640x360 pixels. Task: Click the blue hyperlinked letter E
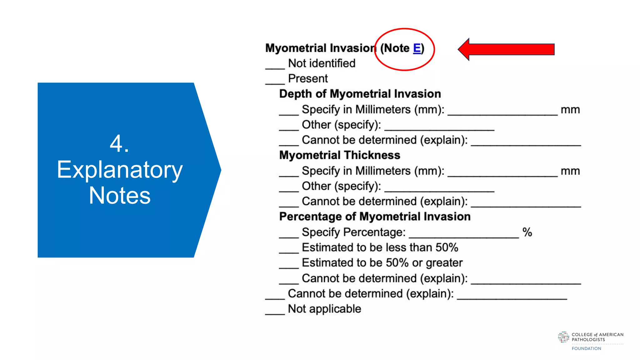417,48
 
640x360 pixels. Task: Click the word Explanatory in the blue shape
120,170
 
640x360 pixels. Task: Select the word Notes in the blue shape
120,196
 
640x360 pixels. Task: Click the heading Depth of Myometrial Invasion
360,94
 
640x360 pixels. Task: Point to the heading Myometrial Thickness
340,155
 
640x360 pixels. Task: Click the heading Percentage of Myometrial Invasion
375,217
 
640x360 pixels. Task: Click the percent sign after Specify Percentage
527,232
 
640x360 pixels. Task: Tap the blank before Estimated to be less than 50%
289,251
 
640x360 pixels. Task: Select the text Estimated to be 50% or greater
382,263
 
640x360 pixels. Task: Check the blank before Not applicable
275,312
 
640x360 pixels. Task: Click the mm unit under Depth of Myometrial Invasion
570,110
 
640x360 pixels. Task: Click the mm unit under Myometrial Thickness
570,171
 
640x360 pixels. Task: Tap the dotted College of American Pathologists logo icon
563,337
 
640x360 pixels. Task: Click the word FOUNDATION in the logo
586,348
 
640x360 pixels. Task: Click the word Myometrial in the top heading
296,48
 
